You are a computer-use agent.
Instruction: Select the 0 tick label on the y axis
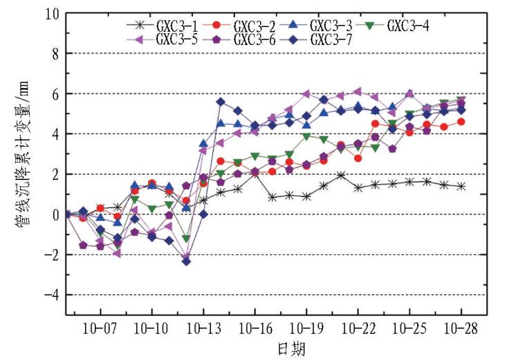coord(53,215)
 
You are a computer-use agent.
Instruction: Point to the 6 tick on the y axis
coord(53,93)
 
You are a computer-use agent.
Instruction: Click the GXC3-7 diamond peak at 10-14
coord(221,102)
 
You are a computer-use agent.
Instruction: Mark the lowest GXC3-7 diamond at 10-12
coord(186,261)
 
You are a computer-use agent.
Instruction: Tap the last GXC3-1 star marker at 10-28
coord(461,187)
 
